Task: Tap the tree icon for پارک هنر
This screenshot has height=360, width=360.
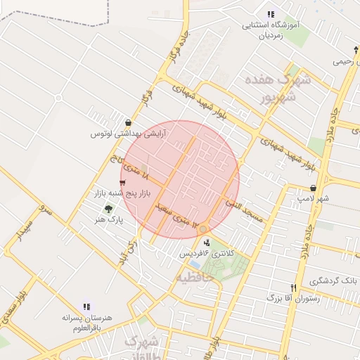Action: [108, 209]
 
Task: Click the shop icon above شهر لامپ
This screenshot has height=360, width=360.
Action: [313, 188]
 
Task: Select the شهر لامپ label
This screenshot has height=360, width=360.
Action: [313, 200]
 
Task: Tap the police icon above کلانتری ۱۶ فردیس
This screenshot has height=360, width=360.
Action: [206, 242]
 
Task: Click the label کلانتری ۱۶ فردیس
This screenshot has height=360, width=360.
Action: [210, 252]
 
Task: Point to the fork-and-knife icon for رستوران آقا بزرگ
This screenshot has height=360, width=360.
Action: [293, 287]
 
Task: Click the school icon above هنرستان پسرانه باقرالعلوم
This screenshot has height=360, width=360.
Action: [86, 307]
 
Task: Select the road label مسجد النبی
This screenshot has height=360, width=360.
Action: [244, 210]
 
